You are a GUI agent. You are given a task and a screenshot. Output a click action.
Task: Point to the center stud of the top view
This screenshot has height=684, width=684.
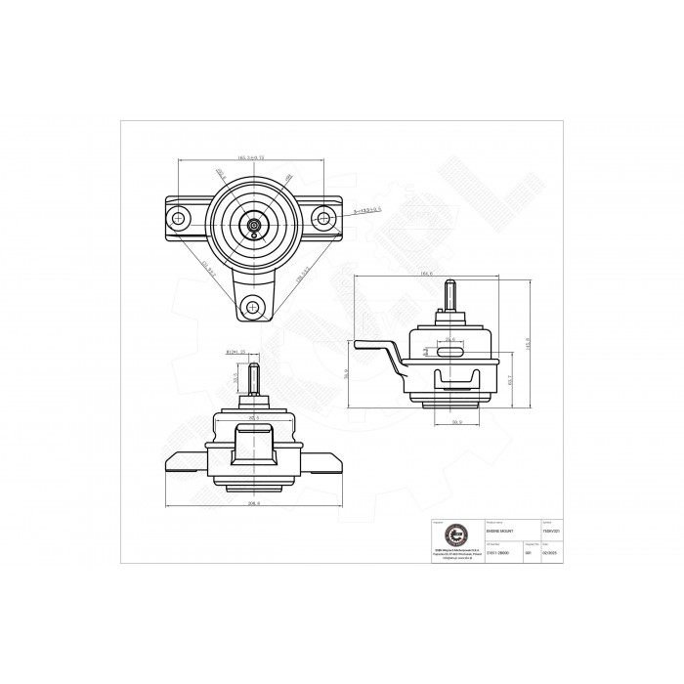[x=254, y=225]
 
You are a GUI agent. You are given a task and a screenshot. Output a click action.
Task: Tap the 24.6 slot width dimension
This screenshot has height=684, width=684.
[x=450, y=339]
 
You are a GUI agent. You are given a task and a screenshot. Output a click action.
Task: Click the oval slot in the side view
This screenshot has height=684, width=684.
[x=450, y=350]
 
